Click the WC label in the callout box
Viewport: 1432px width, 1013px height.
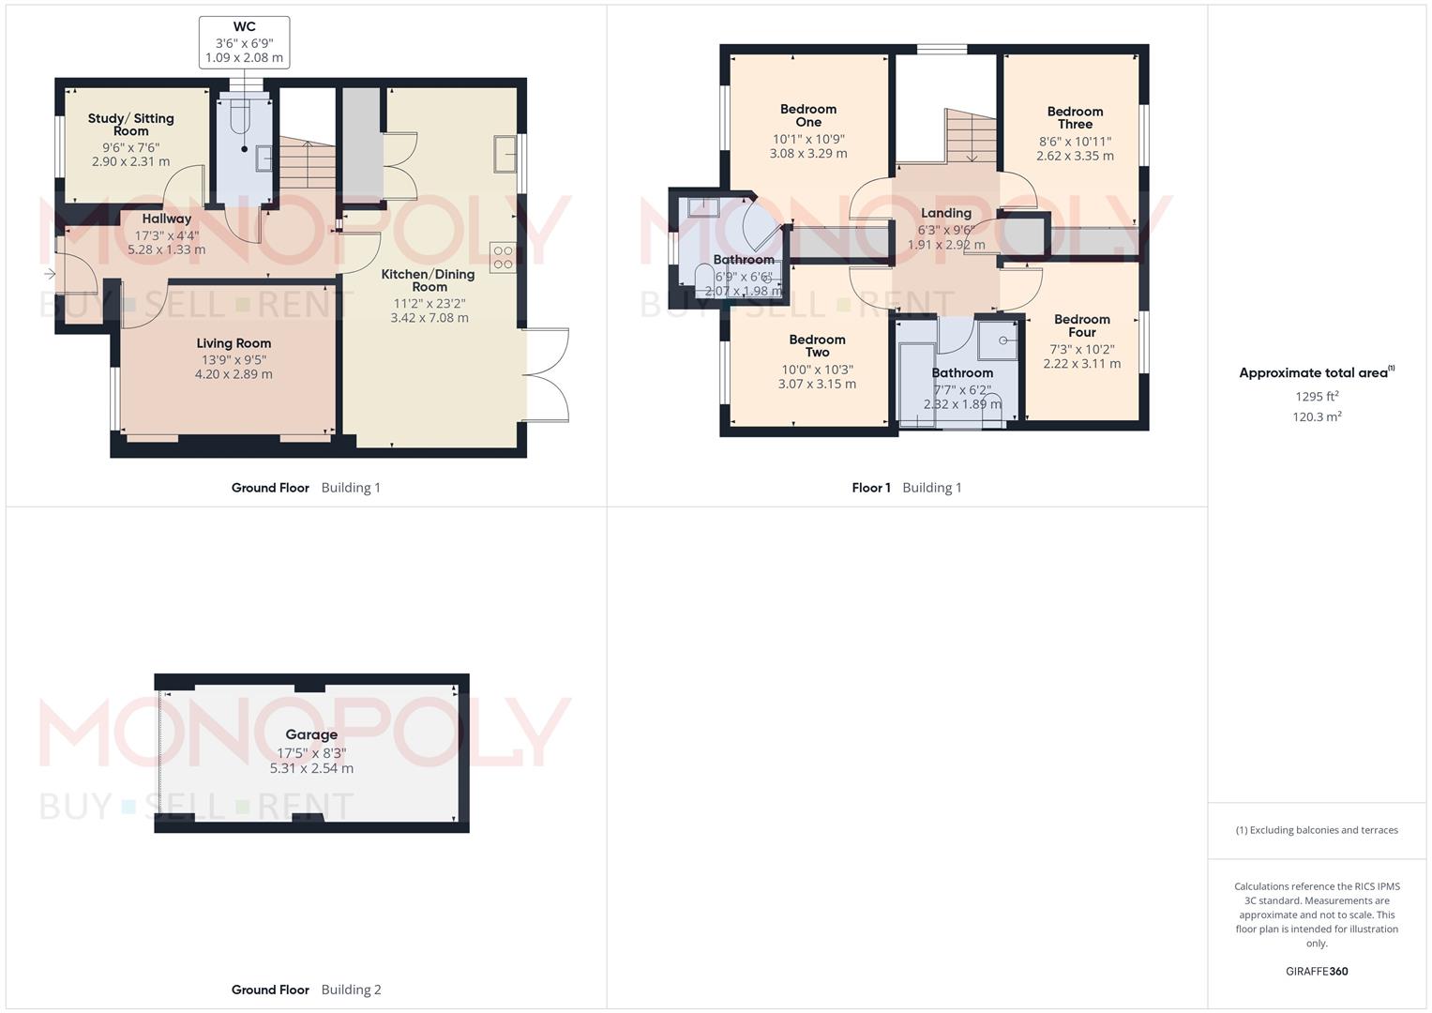pos(244,27)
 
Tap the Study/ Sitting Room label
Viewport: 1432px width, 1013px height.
pos(131,125)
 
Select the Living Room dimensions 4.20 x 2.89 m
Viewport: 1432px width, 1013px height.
pos(234,374)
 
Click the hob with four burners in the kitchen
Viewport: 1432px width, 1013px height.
pos(503,257)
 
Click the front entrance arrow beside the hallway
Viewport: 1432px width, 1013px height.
pos(49,274)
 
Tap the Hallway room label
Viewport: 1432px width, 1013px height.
pos(166,219)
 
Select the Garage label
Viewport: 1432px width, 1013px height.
pos(311,734)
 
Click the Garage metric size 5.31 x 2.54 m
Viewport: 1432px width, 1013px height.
pos(311,768)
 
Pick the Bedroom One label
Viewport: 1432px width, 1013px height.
pos(808,115)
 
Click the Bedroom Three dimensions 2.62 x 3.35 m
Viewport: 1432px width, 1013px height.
pos(1075,156)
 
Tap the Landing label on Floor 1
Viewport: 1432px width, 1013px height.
pos(945,213)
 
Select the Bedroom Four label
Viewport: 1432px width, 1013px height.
pos(1081,325)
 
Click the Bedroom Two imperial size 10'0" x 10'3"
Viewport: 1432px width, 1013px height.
pos(817,370)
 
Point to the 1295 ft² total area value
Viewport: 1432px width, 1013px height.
pos(1317,396)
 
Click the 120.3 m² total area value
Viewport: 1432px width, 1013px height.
pos(1317,417)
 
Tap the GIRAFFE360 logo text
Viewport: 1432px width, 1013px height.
pos(1317,972)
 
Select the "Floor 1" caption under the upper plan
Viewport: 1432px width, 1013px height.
pos(871,488)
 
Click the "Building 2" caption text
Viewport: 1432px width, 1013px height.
pos(351,990)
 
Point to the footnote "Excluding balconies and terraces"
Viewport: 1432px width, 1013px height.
pos(1317,830)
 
